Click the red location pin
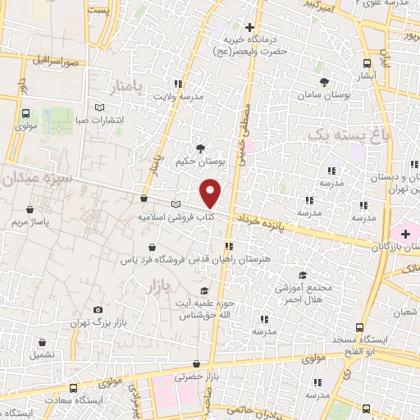[x=211, y=193]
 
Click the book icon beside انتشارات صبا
[x=100, y=107]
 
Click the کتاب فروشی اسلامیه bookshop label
[x=176, y=217]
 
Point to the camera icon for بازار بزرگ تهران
[x=98, y=309]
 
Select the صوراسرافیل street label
[x=56, y=61]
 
